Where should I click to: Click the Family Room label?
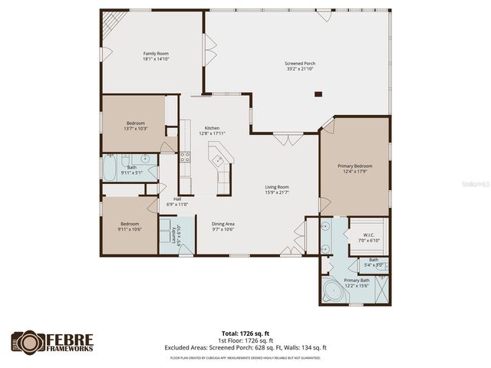pyautogui.click(x=154, y=54)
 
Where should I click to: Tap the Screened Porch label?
pyautogui.click(x=299, y=64)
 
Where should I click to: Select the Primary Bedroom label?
pyautogui.click(x=355, y=166)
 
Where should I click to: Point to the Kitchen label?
pyautogui.click(x=212, y=128)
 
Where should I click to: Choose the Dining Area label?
pyautogui.click(x=223, y=223)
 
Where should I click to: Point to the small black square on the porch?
pyautogui.click(x=318, y=94)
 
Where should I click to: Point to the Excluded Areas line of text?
pyautogui.click(x=245, y=346)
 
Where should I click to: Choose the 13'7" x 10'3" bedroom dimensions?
pyautogui.click(x=133, y=128)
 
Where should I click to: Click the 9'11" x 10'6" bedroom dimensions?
pyautogui.click(x=130, y=228)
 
